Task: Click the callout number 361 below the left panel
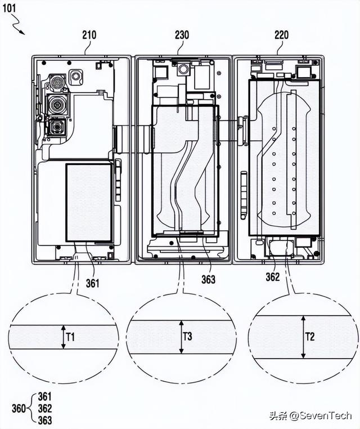point(92,283)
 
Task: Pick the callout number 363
point(208,279)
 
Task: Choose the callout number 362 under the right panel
point(273,277)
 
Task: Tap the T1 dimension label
point(70,338)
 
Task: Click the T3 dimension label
point(187,337)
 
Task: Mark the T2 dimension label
point(310,337)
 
